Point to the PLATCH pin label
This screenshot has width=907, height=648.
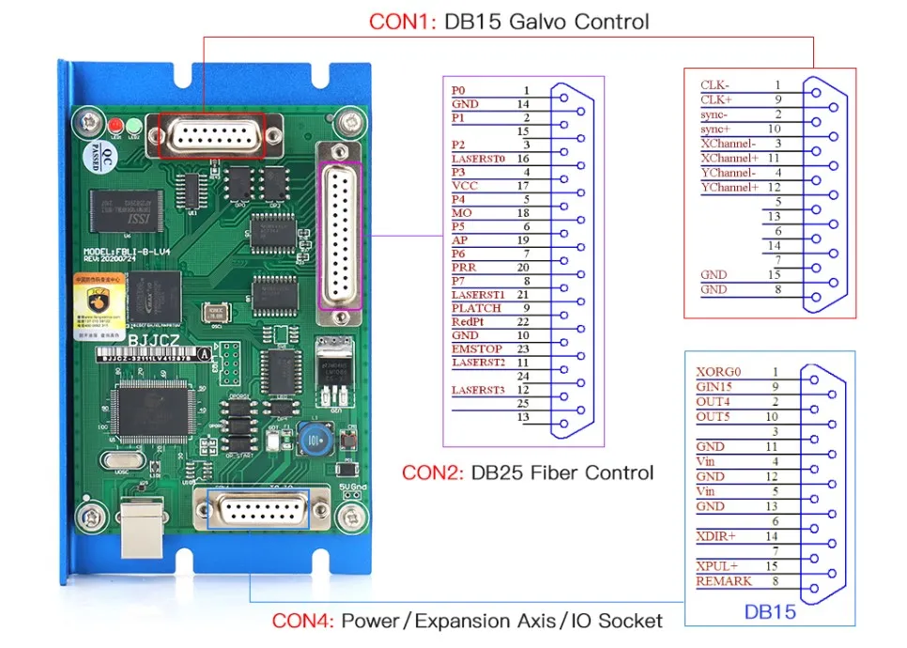(x=476, y=308)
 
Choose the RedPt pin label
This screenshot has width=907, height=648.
(x=469, y=322)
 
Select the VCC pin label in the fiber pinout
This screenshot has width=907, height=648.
(x=465, y=186)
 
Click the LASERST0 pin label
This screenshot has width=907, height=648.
(x=478, y=159)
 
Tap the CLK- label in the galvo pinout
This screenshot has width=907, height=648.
(x=715, y=85)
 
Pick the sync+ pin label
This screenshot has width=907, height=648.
(x=716, y=129)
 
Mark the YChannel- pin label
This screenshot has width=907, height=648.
(x=729, y=173)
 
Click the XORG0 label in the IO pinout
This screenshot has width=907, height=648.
(x=718, y=371)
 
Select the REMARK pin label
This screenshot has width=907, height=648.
(x=723, y=581)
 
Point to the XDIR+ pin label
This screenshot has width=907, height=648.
(x=716, y=536)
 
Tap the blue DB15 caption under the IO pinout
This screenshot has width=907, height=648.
(x=770, y=611)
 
